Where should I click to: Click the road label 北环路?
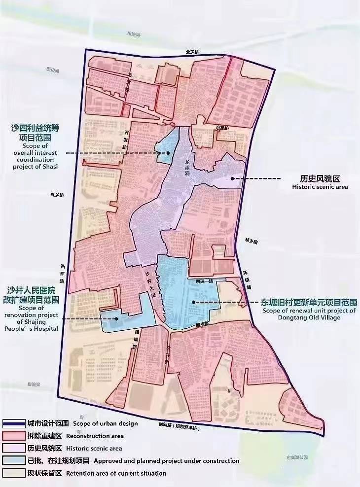point(192,52)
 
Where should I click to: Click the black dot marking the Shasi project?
point(168,153)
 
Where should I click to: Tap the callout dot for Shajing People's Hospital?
point(116,318)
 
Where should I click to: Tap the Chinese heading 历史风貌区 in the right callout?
point(320,178)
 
